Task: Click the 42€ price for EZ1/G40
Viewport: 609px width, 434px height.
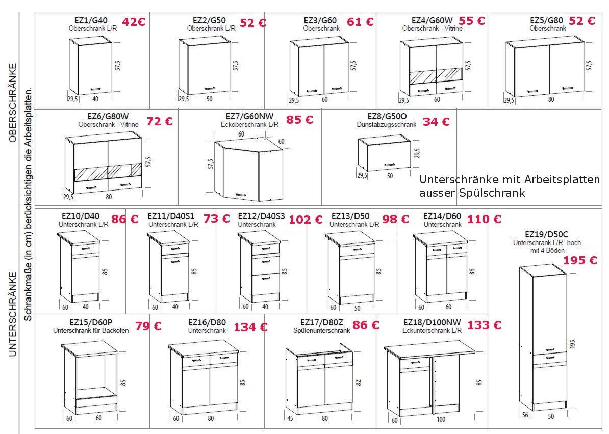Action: pos(134,22)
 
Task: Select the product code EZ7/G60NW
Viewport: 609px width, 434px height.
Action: pos(250,116)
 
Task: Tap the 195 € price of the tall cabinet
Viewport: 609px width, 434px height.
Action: pos(580,260)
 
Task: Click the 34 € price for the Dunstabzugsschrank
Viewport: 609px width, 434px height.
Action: pos(436,122)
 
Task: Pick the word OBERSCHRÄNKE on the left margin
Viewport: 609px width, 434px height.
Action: pos(13,103)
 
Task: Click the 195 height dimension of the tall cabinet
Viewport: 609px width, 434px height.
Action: pos(573,344)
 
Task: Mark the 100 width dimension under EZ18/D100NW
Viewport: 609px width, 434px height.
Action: pos(441,420)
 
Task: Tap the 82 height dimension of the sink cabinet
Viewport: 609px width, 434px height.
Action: pos(359,382)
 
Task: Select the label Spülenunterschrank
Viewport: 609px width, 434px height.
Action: pos(322,331)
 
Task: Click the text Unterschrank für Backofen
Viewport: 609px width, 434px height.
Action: pos(91,331)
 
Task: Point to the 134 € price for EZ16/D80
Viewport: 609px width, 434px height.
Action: pos(250,328)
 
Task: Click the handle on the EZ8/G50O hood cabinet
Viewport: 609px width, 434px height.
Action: pos(390,165)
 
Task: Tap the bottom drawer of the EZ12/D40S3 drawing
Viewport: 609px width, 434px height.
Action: pos(266,284)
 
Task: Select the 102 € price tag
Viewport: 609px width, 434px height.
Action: pos(306,220)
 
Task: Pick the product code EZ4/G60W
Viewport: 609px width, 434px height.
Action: pos(433,20)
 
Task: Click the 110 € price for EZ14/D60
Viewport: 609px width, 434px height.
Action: pos(484,220)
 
